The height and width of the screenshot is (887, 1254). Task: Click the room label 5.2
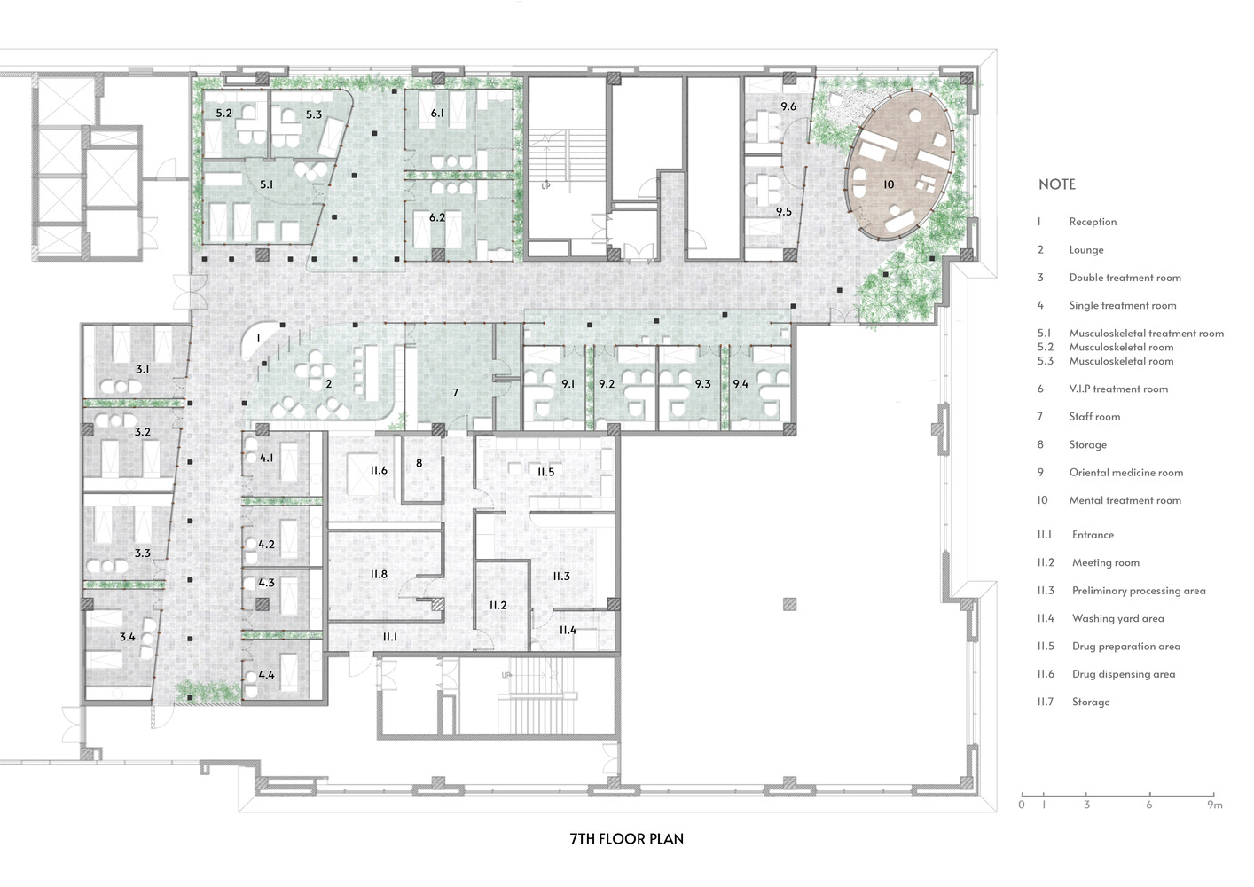223,113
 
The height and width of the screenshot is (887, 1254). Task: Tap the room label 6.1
437,113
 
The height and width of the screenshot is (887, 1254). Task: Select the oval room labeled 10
889,184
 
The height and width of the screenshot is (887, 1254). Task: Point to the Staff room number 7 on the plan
455,392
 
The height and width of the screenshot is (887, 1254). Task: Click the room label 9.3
702,384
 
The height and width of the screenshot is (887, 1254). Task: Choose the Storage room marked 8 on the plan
419,462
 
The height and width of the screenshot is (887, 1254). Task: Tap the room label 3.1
142,368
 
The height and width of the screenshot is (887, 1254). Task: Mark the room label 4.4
266,675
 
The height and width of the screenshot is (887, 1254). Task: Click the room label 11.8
379,574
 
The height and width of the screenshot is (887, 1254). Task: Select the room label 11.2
498,605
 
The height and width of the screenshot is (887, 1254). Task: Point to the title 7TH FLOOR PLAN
626,838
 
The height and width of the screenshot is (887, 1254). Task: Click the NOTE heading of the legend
1056,184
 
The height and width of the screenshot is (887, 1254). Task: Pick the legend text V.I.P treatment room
1117,389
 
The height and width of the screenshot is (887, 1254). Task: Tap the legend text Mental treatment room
1125,500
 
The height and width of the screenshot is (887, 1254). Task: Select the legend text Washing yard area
1117,618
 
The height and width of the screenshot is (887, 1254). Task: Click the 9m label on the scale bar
1214,805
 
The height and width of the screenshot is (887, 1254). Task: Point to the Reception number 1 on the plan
258,338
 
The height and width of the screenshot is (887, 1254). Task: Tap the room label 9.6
788,106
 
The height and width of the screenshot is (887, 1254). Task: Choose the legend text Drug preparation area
1125,646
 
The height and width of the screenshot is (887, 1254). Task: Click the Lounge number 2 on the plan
328,384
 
